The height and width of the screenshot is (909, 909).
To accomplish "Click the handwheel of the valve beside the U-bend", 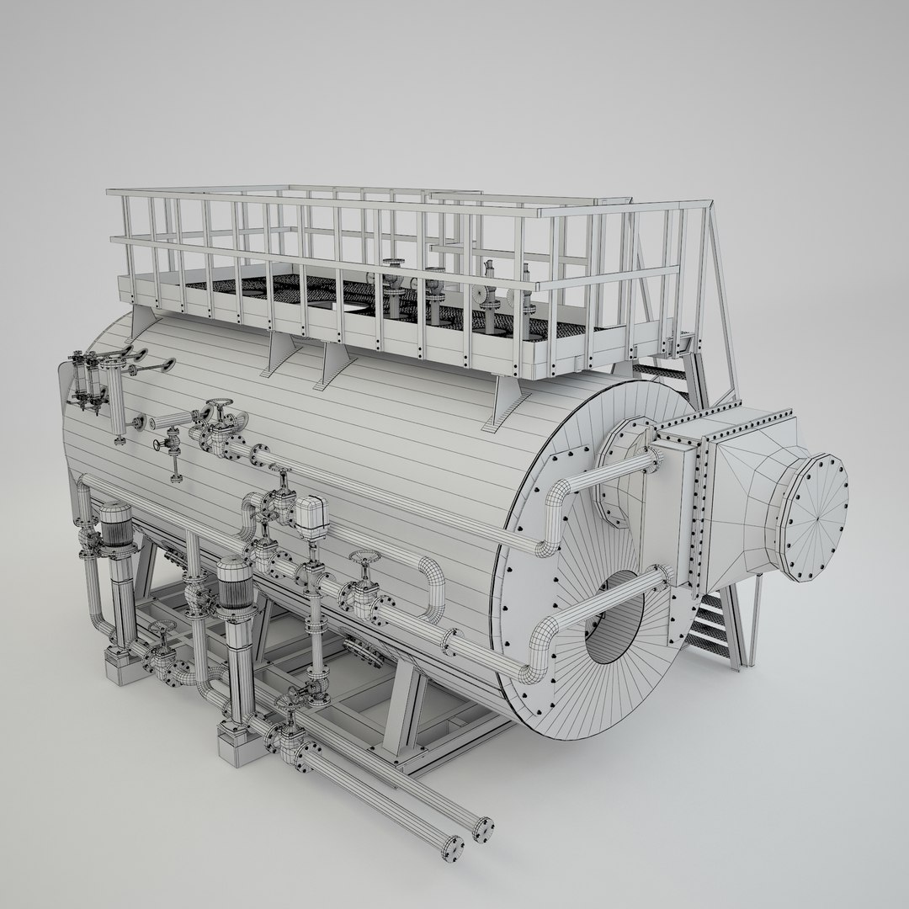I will click(364, 559).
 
